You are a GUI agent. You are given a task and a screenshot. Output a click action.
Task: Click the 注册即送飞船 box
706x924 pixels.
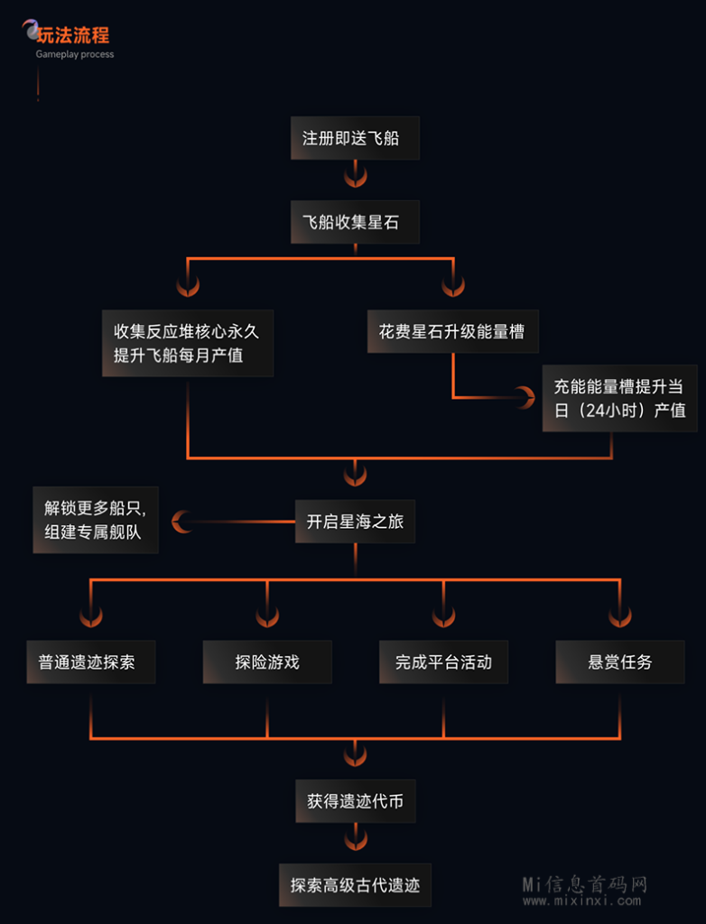(x=355, y=138)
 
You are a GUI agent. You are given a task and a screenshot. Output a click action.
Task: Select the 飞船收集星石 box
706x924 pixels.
(x=355, y=222)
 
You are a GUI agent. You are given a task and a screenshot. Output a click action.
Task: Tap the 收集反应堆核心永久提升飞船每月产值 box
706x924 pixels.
(x=188, y=343)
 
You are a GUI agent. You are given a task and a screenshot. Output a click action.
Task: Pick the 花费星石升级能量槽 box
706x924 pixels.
(x=451, y=331)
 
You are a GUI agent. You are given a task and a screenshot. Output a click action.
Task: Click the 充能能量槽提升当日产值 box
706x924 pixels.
(x=619, y=398)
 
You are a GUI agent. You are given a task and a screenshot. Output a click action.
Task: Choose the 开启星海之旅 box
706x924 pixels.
(x=355, y=522)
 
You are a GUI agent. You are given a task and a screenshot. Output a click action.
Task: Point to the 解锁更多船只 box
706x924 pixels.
(x=95, y=520)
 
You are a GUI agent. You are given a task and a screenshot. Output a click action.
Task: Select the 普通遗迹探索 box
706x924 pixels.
(x=90, y=661)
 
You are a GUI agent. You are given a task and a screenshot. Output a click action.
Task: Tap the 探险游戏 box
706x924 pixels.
(x=267, y=661)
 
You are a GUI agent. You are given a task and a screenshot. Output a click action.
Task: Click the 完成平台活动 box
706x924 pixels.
(x=443, y=661)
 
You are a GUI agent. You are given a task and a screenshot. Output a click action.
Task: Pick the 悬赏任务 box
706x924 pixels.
(x=619, y=661)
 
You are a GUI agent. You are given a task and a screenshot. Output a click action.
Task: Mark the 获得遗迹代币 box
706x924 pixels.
(x=355, y=800)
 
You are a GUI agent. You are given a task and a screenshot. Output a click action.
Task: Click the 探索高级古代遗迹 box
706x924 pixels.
(x=355, y=884)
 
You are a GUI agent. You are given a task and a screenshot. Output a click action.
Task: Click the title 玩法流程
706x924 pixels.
(x=73, y=35)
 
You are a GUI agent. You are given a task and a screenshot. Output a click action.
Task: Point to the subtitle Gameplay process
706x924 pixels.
(x=75, y=55)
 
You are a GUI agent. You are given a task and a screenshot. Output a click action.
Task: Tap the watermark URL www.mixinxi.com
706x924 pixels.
(x=582, y=901)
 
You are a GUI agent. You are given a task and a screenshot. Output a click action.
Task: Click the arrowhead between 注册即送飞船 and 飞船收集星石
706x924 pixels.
(x=356, y=174)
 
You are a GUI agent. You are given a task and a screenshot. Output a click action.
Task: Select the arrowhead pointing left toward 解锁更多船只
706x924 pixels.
(x=182, y=521)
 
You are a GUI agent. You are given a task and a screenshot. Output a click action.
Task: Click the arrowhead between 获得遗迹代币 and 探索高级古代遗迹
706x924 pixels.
(x=356, y=840)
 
